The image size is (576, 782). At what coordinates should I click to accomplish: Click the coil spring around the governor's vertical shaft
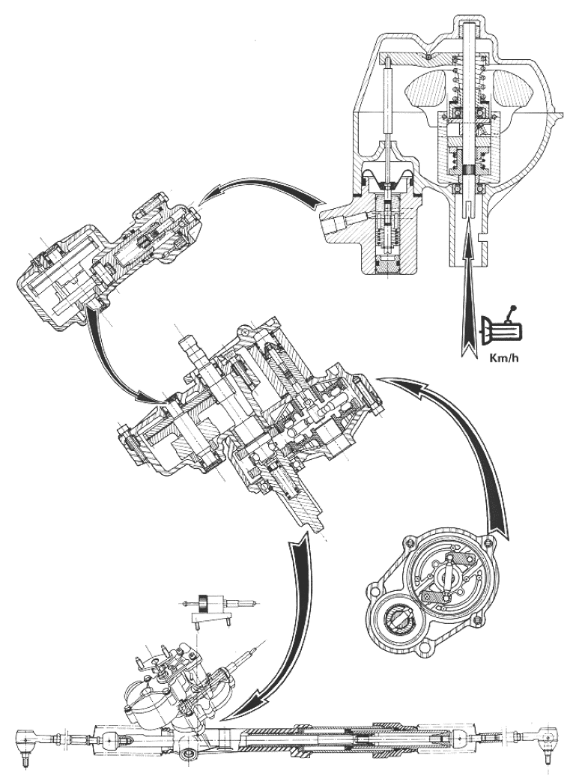(470, 82)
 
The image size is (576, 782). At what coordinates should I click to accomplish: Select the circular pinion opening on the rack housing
(190, 752)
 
